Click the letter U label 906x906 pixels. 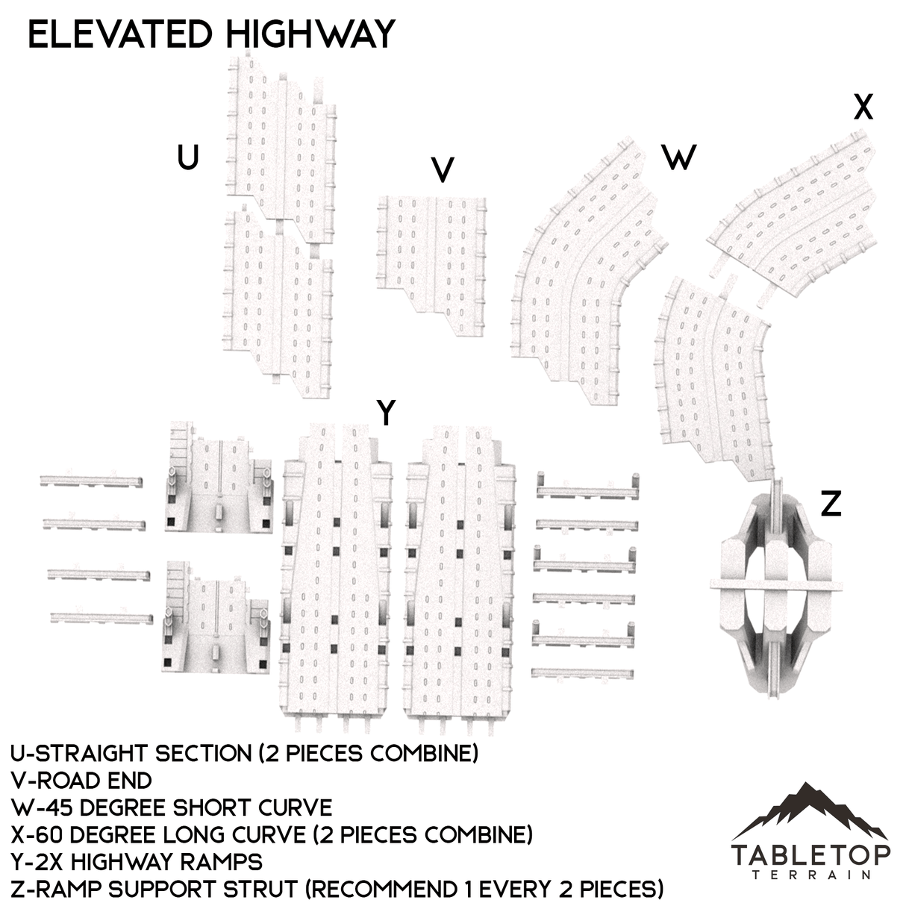[188, 157]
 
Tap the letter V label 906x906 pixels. [443, 170]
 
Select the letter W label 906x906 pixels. [678, 157]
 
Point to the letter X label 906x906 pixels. [863, 109]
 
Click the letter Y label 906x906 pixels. [386, 413]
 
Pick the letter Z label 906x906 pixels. [831, 505]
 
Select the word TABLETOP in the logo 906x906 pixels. [810, 855]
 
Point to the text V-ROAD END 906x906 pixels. [82, 781]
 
